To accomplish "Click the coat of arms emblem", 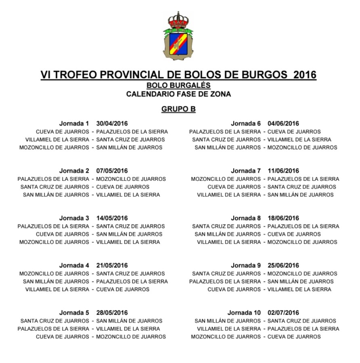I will click(x=178, y=36).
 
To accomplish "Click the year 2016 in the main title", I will click(x=305, y=75).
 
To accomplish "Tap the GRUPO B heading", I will click(x=178, y=109).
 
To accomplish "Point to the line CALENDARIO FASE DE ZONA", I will click(x=178, y=94).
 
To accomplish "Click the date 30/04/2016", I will click(x=112, y=124).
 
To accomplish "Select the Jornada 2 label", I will click(x=74, y=171).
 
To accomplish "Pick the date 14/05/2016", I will click(x=112, y=218).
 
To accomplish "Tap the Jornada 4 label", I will click(x=74, y=265).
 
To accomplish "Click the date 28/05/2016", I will click(x=112, y=313).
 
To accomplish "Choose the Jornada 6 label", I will click(x=246, y=124).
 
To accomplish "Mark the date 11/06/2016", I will click(x=283, y=171).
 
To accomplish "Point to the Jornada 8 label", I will click(x=246, y=218).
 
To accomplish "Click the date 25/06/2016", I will click(x=283, y=265).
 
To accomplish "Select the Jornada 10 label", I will click(x=244, y=313).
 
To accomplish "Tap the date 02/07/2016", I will click(x=283, y=313).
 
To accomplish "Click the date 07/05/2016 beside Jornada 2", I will click(x=112, y=171).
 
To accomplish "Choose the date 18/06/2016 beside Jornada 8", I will click(x=283, y=218).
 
